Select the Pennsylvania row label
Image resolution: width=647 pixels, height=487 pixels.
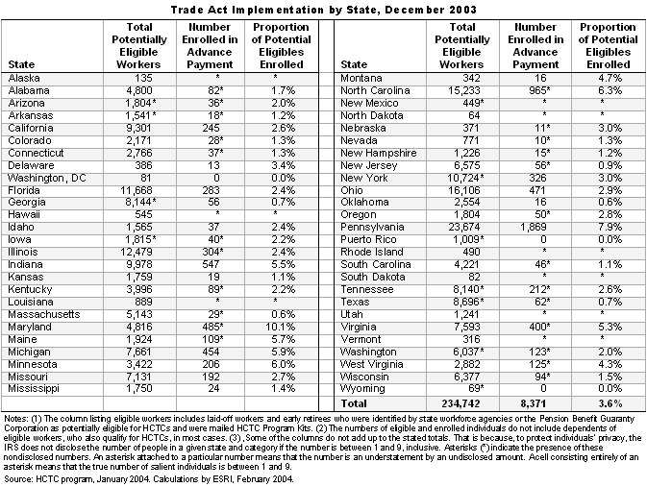pyautogui.click(x=372, y=228)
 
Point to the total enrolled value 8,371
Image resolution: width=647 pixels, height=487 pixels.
pyautogui.click(x=533, y=403)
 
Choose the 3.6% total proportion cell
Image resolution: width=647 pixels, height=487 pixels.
pyautogui.click(x=610, y=403)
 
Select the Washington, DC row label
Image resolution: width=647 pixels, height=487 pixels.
pyautogui.click(x=47, y=178)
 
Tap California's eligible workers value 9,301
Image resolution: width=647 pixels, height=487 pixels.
pyautogui.click(x=139, y=129)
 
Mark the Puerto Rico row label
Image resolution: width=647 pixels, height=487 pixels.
pyautogui.click(x=368, y=239)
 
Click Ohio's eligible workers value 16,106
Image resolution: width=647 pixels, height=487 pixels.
pyautogui.click(x=464, y=190)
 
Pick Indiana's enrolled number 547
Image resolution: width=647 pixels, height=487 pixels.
pyautogui.click(x=212, y=264)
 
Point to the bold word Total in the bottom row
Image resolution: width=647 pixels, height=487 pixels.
pyautogui.click(x=354, y=403)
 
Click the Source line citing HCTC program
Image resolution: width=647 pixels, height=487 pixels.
pyautogui.click(x=149, y=479)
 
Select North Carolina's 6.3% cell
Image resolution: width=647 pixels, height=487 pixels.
pyautogui.click(x=610, y=90)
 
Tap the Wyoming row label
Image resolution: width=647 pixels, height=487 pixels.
pyautogui.click(x=362, y=389)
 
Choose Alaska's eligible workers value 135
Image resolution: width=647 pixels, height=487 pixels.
pyautogui.click(x=143, y=79)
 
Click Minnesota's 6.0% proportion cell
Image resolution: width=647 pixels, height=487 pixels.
pyautogui.click(x=283, y=364)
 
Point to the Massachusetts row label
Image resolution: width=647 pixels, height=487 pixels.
pyautogui.click(x=43, y=315)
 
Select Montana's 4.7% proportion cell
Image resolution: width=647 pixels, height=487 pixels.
pyautogui.click(x=610, y=79)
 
